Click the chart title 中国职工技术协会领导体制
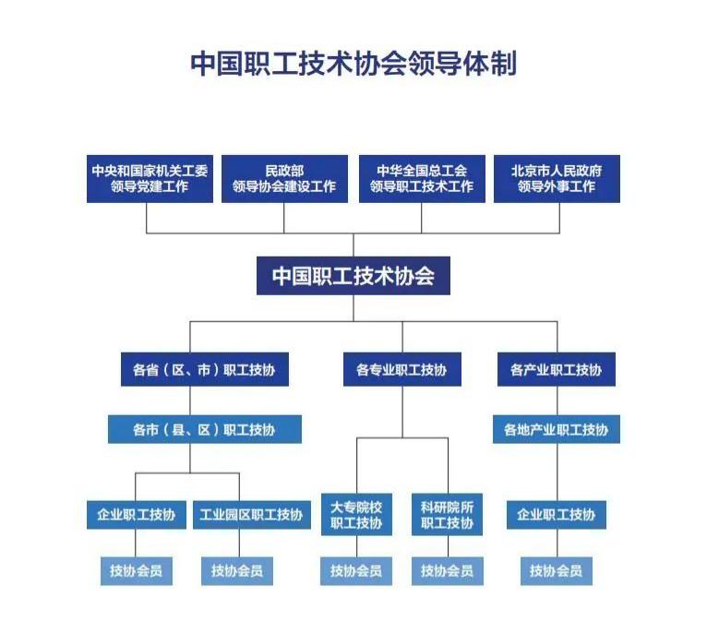(x=353, y=64)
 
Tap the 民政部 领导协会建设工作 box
(x=284, y=179)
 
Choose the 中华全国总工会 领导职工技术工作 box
(x=422, y=179)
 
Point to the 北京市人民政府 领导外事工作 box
(x=557, y=179)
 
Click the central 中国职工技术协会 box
(x=353, y=276)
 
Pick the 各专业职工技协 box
(x=401, y=370)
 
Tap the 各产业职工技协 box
(x=556, y=370)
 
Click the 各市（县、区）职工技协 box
(x=204, y=430)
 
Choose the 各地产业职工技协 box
(x=556, y=430)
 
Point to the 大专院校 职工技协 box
(x=356, y=515)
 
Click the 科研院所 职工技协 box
(x=448, y=515)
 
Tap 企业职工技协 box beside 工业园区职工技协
(x=137, y=515)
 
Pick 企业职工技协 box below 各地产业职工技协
(x=556, y=515)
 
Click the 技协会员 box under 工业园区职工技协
(x=236, y=571)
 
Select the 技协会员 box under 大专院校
(x=356, y=571)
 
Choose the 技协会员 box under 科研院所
(x=448, y=571)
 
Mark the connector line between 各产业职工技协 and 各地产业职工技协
(x=556, y=400)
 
